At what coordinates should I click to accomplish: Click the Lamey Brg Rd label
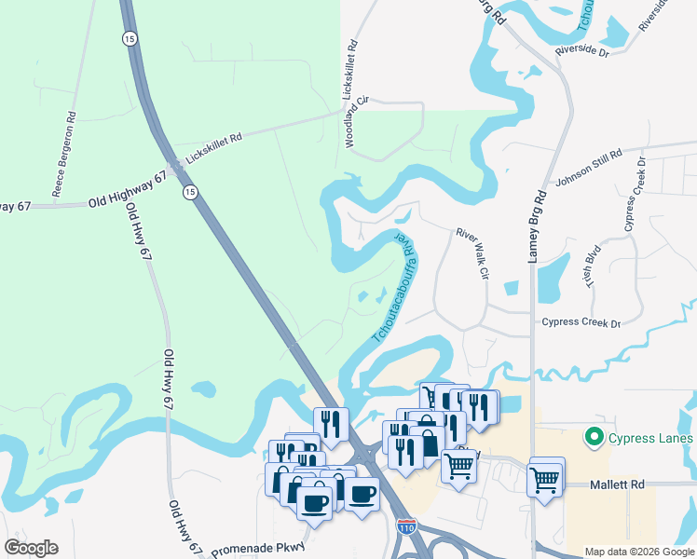538,227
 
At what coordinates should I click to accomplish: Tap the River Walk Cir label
473,254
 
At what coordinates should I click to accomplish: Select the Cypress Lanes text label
651,438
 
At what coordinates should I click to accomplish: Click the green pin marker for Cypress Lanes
592,436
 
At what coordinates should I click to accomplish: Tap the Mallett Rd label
618,485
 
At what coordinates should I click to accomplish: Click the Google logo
31,548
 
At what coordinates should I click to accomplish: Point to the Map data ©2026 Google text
638,552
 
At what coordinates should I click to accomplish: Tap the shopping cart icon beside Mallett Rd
545,479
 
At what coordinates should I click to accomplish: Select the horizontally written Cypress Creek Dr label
581,323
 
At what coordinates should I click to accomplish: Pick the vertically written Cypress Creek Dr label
635,196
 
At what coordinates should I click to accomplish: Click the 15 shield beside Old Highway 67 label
190,192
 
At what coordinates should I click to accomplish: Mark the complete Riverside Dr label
581,49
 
